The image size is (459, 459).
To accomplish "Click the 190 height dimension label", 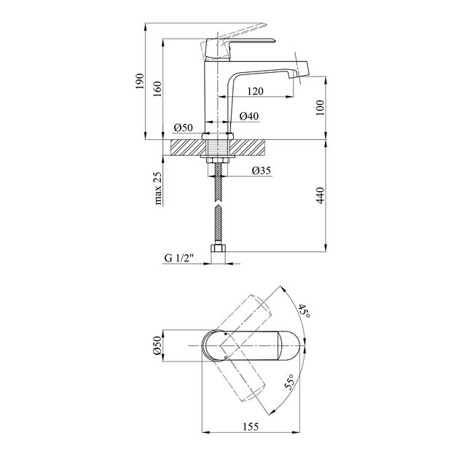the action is point(140,82).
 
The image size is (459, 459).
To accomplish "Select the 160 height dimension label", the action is point(157,90).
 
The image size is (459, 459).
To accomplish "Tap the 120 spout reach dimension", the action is point(255,91).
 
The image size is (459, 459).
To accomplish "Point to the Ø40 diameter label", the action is point(249,117).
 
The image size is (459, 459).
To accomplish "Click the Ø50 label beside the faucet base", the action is point(184,127).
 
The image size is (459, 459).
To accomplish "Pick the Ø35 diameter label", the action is point(262,170).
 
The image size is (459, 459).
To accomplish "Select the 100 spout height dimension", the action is point(321,108).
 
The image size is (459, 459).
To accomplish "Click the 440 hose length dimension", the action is point(321,195).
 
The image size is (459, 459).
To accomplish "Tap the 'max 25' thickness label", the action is point(157,188).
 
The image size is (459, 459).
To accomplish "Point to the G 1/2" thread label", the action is point(179,258).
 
